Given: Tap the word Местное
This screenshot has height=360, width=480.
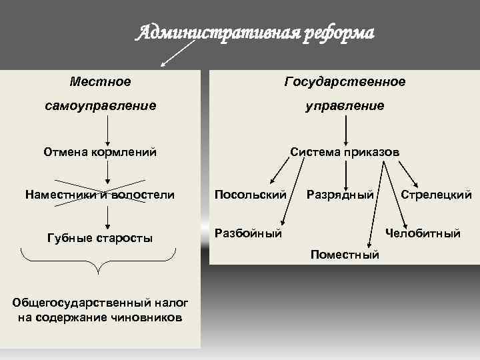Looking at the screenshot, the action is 100,81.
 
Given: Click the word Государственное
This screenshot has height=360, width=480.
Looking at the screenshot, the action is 345,81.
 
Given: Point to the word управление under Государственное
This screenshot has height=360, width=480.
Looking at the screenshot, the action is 345,105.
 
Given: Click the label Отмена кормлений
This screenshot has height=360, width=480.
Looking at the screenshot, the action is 100,152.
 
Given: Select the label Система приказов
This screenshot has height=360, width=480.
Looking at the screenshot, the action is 345,152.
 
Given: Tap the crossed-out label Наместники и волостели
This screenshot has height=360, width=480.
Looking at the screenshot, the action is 99,195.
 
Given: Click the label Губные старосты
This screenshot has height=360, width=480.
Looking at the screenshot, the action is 100,237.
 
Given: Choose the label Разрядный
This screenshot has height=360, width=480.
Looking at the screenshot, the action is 339,195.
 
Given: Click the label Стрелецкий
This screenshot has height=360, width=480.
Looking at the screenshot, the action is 436,195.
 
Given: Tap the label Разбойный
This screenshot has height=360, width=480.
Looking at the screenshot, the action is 247,233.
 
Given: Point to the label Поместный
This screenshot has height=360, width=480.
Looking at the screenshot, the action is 345,254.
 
